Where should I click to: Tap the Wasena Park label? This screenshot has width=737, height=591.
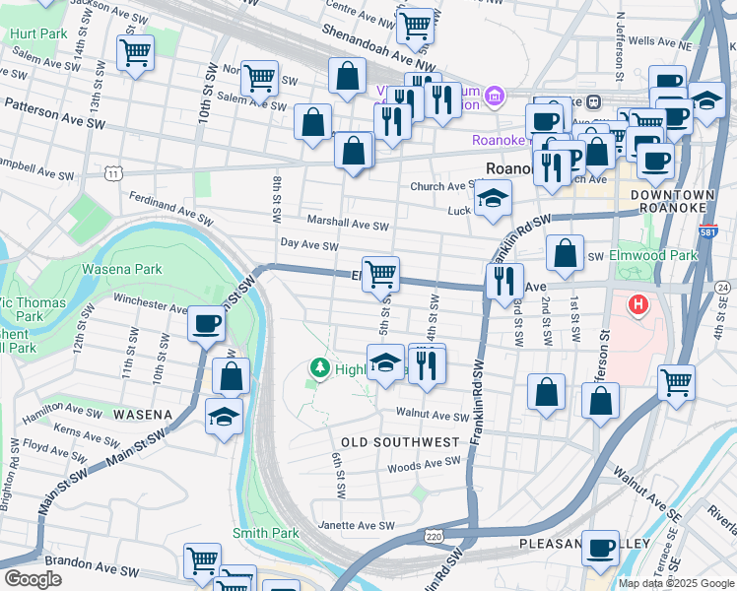[x=121, y=268]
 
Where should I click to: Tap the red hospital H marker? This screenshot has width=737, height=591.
[x=638, y=305]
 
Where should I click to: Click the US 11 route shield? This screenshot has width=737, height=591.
[x=115, y=173]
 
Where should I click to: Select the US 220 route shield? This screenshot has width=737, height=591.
[x=434, y=537]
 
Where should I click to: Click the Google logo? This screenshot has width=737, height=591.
[x=32, y=578]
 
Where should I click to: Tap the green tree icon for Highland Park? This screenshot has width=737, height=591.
[x=318, y=368]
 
